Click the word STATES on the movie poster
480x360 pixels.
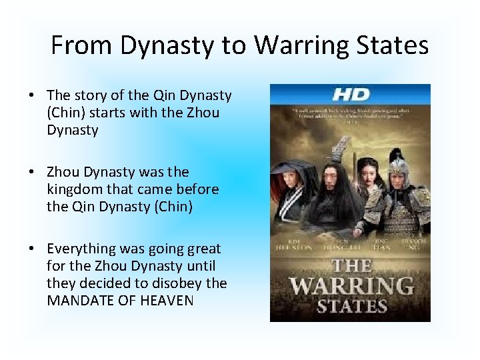351,307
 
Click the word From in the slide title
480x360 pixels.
75,45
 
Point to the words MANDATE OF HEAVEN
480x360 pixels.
120,301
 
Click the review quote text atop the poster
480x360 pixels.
350,115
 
